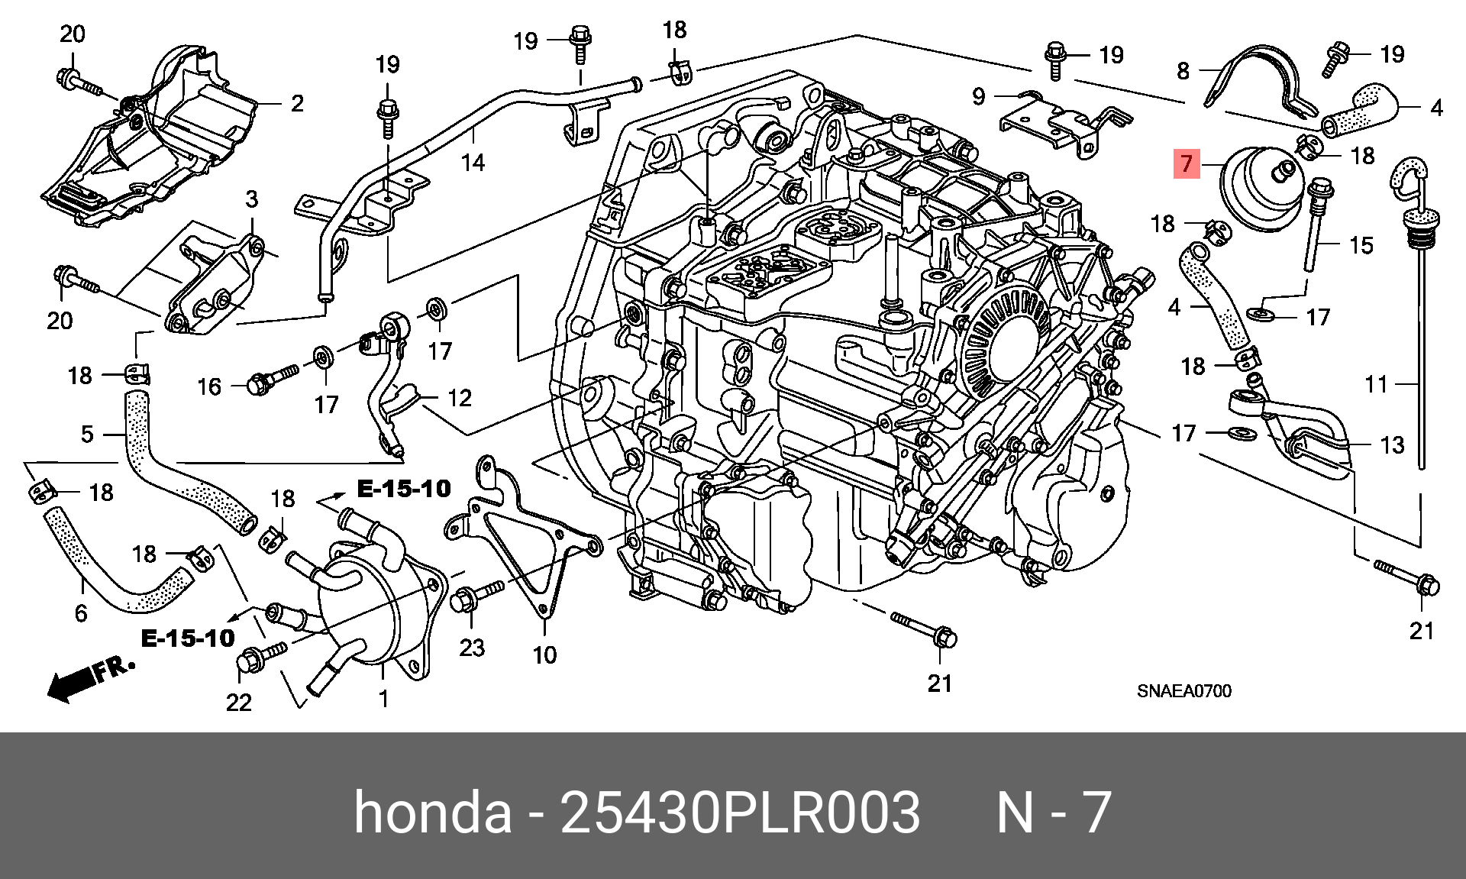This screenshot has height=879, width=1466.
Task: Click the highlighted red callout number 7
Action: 1186,163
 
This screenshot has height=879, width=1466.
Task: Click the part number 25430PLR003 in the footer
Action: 740,813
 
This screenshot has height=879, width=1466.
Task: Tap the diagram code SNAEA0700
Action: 1183,691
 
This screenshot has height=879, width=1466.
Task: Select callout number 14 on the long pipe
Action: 473,162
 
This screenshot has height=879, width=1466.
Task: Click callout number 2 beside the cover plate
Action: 297,103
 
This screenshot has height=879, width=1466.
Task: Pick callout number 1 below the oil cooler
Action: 383,698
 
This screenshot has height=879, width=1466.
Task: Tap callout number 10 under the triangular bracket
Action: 544,654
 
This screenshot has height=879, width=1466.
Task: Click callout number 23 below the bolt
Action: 472,648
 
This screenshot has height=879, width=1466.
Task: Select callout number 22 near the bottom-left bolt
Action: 238,701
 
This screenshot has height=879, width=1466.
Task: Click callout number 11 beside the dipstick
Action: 1376,383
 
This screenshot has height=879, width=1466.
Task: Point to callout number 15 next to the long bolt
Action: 1361,245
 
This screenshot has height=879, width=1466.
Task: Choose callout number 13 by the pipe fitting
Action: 1392,444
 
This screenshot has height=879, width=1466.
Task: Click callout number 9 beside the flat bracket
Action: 979,97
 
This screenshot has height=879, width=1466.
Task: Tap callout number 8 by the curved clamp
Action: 1183,71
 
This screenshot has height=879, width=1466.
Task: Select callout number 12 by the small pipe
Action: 460,398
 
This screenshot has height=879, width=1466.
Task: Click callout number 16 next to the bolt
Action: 209,386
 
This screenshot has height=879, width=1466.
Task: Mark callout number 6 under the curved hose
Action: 81,612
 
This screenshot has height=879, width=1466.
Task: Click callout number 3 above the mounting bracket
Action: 252,200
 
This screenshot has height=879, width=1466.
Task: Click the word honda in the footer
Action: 432,813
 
